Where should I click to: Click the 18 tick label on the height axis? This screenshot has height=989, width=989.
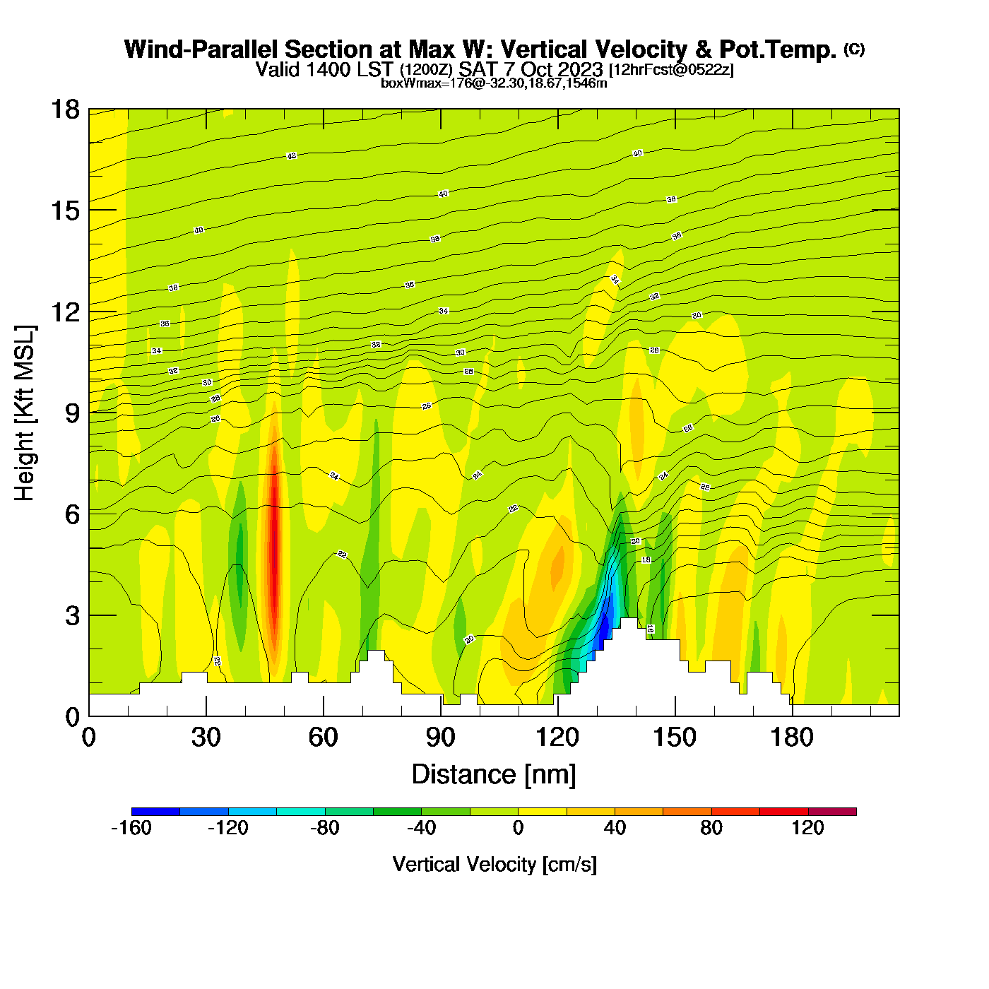(64, 109)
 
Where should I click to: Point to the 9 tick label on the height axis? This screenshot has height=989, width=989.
(72, 413)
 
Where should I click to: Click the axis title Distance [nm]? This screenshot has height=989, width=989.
(494, 775)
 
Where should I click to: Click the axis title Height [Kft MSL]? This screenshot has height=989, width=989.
(25, 413)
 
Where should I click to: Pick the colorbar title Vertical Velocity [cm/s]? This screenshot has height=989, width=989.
(494, 865)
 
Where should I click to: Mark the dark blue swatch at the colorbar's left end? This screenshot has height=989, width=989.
(155, 812)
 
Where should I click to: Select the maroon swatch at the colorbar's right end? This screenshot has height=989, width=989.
(832, 812)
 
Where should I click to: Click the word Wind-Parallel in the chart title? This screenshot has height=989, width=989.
(201, 50)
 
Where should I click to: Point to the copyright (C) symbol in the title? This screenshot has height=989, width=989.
(854, 49)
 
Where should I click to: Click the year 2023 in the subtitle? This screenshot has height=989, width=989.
(579, 70)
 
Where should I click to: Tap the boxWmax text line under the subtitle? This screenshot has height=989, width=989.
(494, 83)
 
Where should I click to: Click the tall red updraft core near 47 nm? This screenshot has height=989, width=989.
(273, 544)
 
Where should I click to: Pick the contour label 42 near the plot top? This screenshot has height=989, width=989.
(292, 156)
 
